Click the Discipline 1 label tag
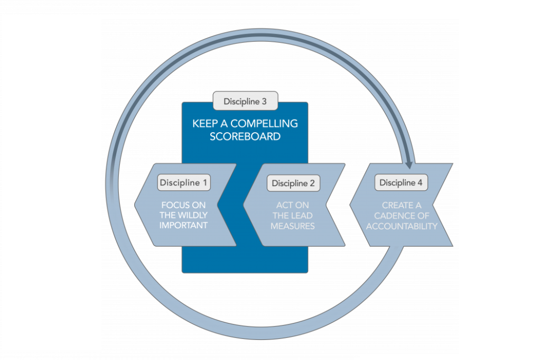(184, 183)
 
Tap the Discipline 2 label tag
(293, 183)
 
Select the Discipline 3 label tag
(245, 100)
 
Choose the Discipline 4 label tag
(401, 183)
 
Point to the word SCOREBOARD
(245, 136)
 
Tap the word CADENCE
(402, 216)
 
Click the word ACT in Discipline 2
(285, 205)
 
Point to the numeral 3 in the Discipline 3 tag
(264, 100)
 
